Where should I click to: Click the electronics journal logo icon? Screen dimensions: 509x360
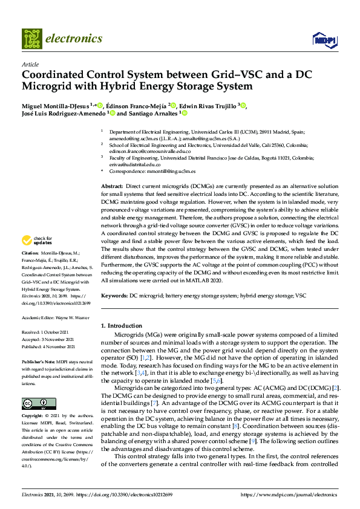click(x=31, y=38)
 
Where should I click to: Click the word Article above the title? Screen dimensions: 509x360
click(x=30, y=63)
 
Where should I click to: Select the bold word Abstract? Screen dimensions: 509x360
click(x=113, y=187)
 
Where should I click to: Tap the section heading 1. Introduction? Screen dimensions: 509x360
click(x=123, y=326)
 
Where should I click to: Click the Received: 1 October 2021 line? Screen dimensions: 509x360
click(x=48, y=333)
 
